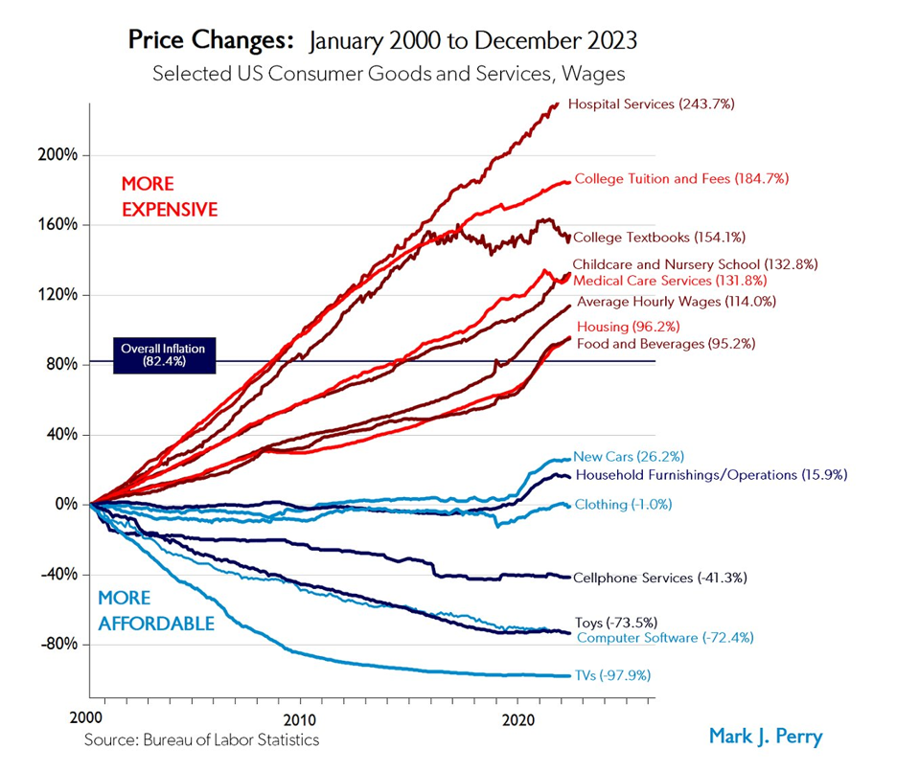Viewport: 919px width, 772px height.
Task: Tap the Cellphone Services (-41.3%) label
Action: point(659,578)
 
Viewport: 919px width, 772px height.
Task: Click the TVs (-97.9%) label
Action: point(611,675)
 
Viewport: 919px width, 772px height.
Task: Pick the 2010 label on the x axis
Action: point(300,718)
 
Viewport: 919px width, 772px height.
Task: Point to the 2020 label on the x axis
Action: point(518,718)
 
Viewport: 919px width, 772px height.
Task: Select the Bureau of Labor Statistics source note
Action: point(201,739)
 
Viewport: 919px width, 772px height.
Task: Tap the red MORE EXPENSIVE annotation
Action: point(169,195)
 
